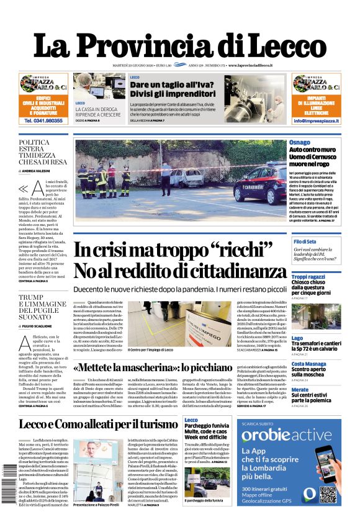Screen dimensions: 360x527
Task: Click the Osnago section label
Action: [300, 143]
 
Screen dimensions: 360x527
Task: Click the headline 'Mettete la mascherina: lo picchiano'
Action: [163, 367]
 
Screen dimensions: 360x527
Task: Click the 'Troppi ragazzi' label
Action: [308, 277]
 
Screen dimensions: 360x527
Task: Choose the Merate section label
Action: [300, 389]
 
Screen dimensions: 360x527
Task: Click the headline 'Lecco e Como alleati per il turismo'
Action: [98, 425]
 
